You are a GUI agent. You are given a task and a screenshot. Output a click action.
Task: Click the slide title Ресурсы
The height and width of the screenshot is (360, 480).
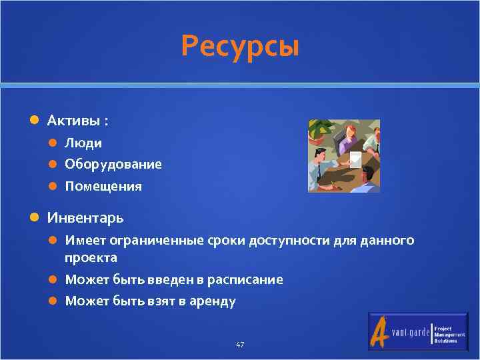click(x=240, y=47)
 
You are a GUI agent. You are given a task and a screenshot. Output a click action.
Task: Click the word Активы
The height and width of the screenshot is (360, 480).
click(x=74, y=121)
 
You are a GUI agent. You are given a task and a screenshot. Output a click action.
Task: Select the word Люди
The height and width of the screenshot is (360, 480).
click(x=83, y=143)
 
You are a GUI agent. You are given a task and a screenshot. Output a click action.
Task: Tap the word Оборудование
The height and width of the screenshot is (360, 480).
click(x=113, y=164)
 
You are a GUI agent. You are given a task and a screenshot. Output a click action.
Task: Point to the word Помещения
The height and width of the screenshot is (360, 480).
click(x=103, y=186)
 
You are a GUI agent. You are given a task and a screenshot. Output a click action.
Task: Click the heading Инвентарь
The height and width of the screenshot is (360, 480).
click(x=85, y=217)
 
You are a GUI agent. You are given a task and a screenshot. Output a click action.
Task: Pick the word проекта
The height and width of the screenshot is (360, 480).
click(x=91, y=257)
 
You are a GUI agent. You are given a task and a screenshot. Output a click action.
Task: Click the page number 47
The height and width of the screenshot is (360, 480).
click(x=240, y=345)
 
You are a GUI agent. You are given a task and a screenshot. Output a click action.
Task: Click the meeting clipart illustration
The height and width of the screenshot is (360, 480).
click(x=343, y=156)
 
